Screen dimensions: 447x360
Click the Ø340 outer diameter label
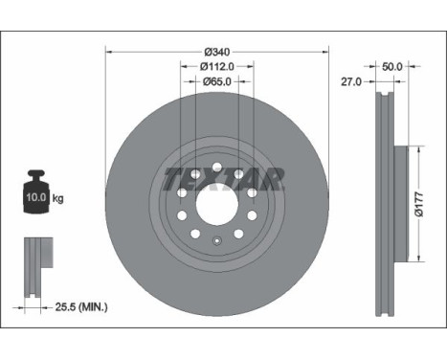click(x=217, y=52)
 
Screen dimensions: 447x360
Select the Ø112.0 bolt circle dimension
click(x=217, y=67)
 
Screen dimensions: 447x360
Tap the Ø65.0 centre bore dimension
click(x=217, y=81)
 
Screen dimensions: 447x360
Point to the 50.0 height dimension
click(x=392, y=67)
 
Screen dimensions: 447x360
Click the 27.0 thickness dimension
click(x=351, y=82)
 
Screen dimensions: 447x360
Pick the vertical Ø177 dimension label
click(x=419, y=204)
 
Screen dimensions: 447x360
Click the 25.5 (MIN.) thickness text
click(x=81, y=307)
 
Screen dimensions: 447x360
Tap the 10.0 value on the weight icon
click(x=36, y=197)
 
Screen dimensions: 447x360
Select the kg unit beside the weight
click(x=57, y=198)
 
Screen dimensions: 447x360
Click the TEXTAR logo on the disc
click(x=224, y=179)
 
